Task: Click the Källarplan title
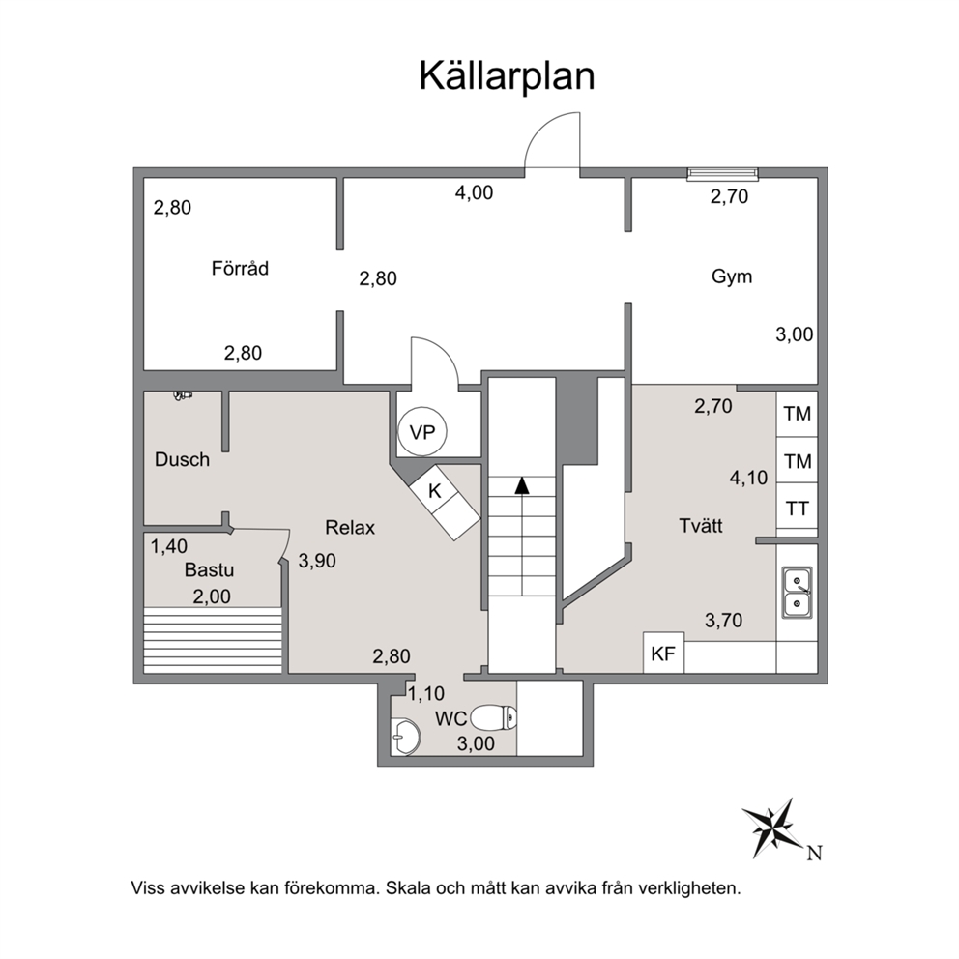[507, 76]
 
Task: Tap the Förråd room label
[240, 268]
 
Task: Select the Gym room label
[732, 276]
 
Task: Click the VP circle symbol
[422, 432]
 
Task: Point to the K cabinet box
[445, 502]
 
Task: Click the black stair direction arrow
[522, 485]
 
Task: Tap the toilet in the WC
[494, 716]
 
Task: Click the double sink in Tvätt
[797, 592]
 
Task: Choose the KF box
[663, 654]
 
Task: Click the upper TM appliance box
[797, 414]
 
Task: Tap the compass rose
[771, 828]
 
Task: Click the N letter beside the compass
[814, 854]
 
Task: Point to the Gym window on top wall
[722, 174]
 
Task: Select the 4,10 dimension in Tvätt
[748, 477]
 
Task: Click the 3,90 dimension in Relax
[317, 561]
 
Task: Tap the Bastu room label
[209, 570]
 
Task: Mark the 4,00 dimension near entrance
[474, 192]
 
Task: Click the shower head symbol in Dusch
[183, 395]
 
